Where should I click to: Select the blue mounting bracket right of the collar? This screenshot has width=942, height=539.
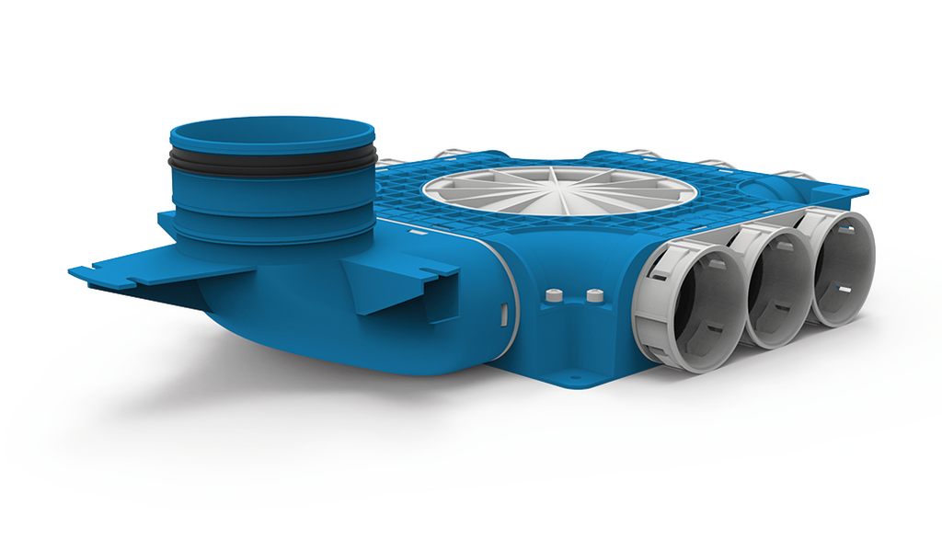point(405,281)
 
